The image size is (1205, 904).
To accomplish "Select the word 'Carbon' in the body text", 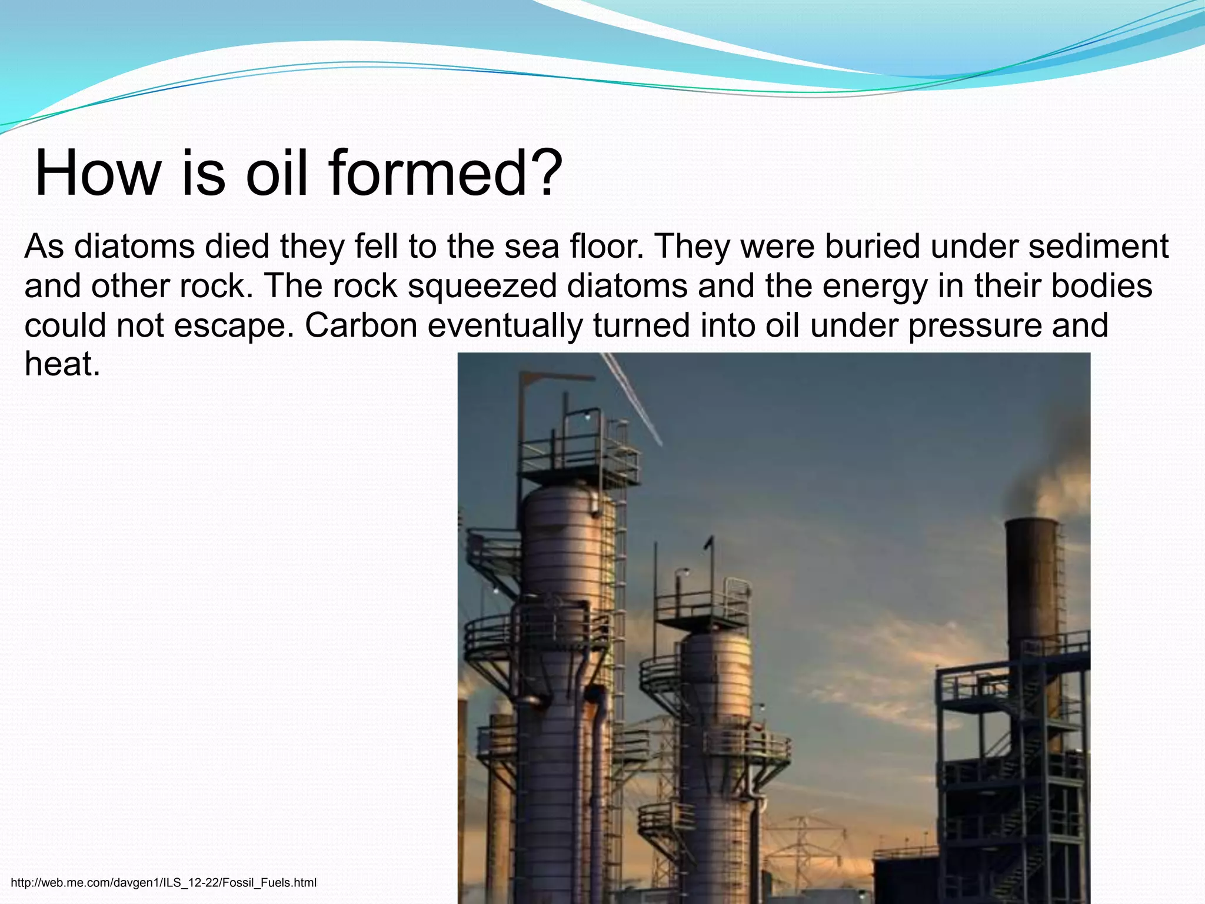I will [x=361, y=325].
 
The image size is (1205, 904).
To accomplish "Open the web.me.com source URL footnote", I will [x=164, y=883].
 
